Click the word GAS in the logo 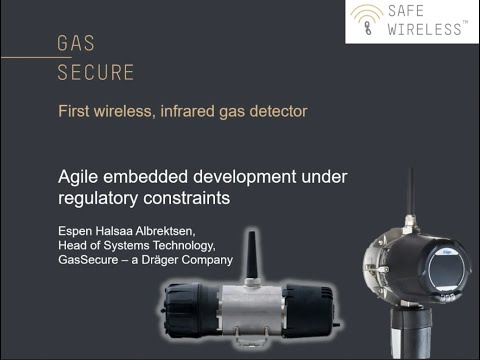(76, 45)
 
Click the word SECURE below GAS (94, 73)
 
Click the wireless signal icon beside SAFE (366, 19)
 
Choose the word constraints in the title (191, 198)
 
